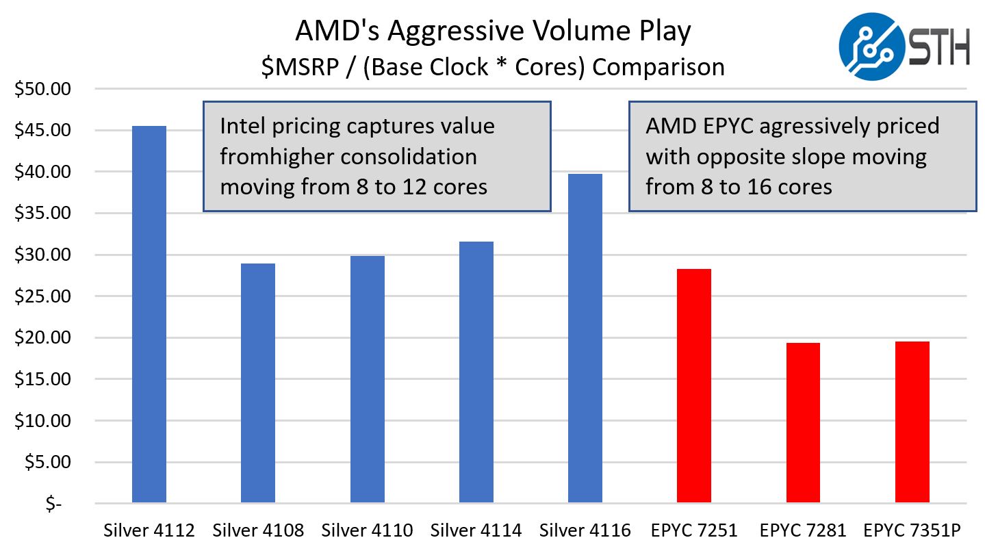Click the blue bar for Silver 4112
coord(149,314)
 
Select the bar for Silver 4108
coord(258,383)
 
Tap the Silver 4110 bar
coord(368,379)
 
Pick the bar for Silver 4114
coord(476,372)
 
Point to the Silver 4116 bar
coord(585,338)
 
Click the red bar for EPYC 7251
coord(694,386)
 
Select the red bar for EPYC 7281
coord(803,423)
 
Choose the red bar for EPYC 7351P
coord(912,422)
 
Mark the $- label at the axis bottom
coord(54,504)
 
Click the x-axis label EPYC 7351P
coord(912,530)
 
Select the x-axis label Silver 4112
coord(149,530)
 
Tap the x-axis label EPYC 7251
coord(694,530)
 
